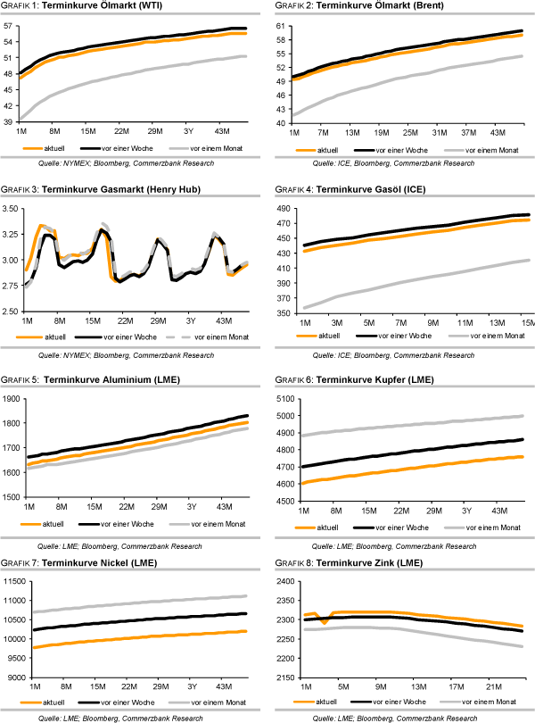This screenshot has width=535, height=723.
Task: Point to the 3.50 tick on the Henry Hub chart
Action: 11,208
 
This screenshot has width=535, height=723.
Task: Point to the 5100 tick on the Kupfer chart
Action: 282,398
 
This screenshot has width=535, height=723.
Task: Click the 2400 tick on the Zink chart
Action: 282,582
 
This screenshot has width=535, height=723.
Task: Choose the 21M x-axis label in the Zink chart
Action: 490,687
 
